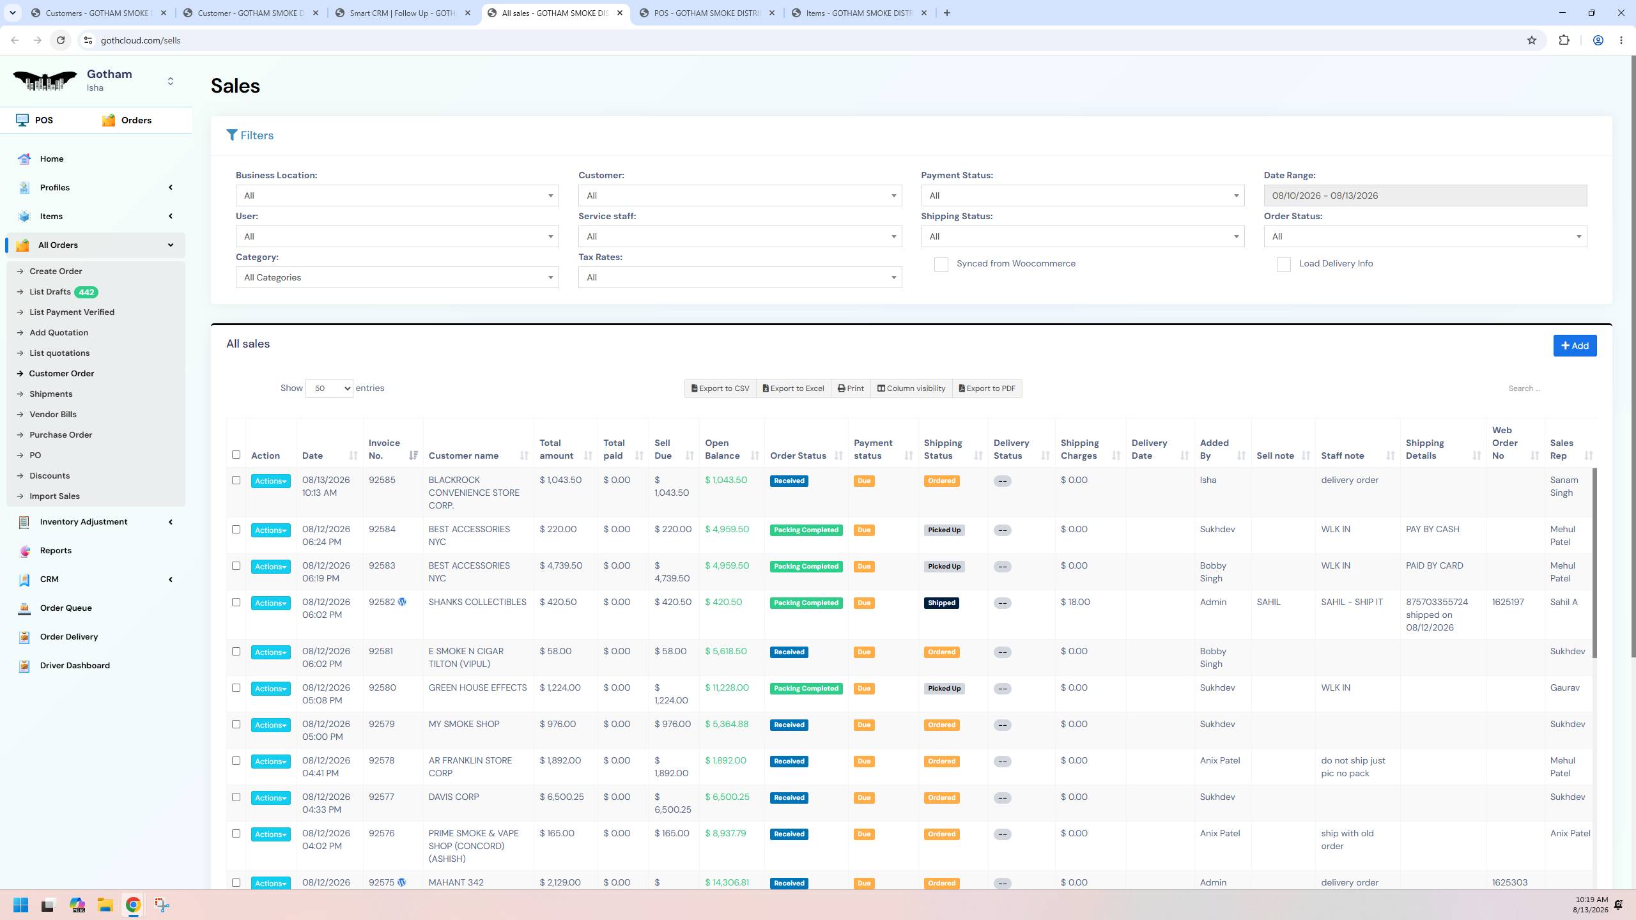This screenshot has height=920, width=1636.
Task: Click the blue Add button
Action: point(1575,346)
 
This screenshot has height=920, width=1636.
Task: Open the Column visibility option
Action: point(911,388)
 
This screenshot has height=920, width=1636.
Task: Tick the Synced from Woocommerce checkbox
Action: point(941,264)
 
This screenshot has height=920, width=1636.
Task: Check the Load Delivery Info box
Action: point(1283,264)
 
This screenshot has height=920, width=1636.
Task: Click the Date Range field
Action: point(1425,195)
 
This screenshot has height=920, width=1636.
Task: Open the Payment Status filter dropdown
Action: point(1083,195)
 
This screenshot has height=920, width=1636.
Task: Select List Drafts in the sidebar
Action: point(50,292)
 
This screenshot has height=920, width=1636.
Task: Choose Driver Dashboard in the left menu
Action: point(75,666)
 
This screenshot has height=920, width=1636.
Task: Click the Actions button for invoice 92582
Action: point(271,603)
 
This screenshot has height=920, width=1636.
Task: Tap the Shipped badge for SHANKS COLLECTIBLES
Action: point(941,603)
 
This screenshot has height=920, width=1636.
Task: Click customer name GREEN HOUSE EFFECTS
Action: point(477,688)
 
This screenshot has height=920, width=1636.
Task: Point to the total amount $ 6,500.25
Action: point(561,797)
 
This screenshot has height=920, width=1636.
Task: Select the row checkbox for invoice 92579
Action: point(236,724)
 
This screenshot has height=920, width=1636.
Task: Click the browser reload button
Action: point(61,40)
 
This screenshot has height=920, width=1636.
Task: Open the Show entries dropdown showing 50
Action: point(329,388)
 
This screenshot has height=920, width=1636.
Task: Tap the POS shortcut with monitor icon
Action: point(35,120)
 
